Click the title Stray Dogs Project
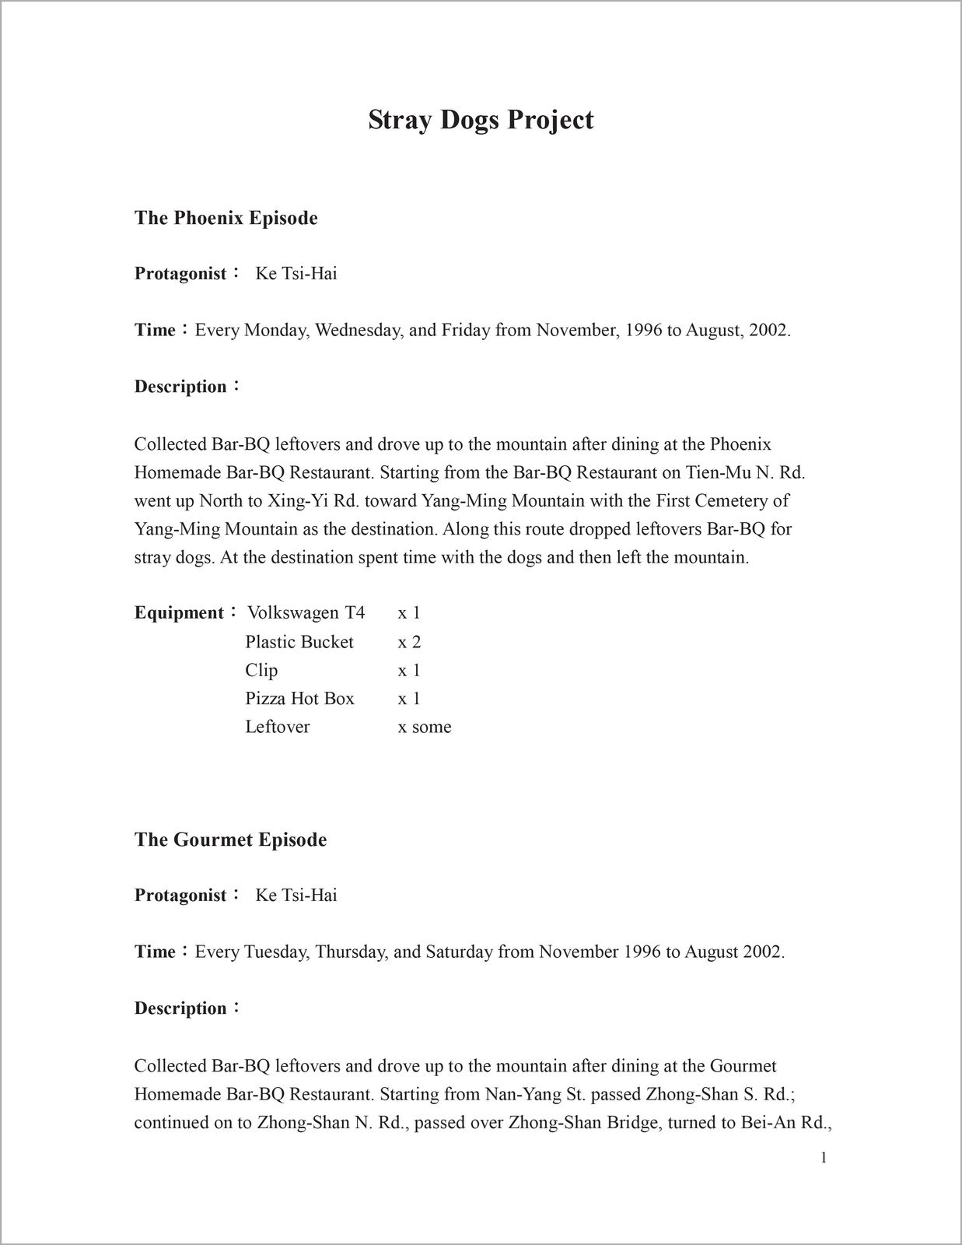pos(481,120)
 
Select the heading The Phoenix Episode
pos(226,218)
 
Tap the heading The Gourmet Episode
pos(230,840)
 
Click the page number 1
pos(824,1159)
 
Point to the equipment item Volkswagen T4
pos(306,613)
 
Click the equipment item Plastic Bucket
pos(299,642)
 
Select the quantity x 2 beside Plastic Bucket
pos(409,642)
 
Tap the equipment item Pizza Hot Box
pos(299,699)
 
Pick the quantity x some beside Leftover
pos(425,727)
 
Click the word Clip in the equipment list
pos(261,670)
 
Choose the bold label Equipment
pos(180,613)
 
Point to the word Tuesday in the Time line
pos(277,952)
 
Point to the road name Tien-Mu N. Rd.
pos(750,473)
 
